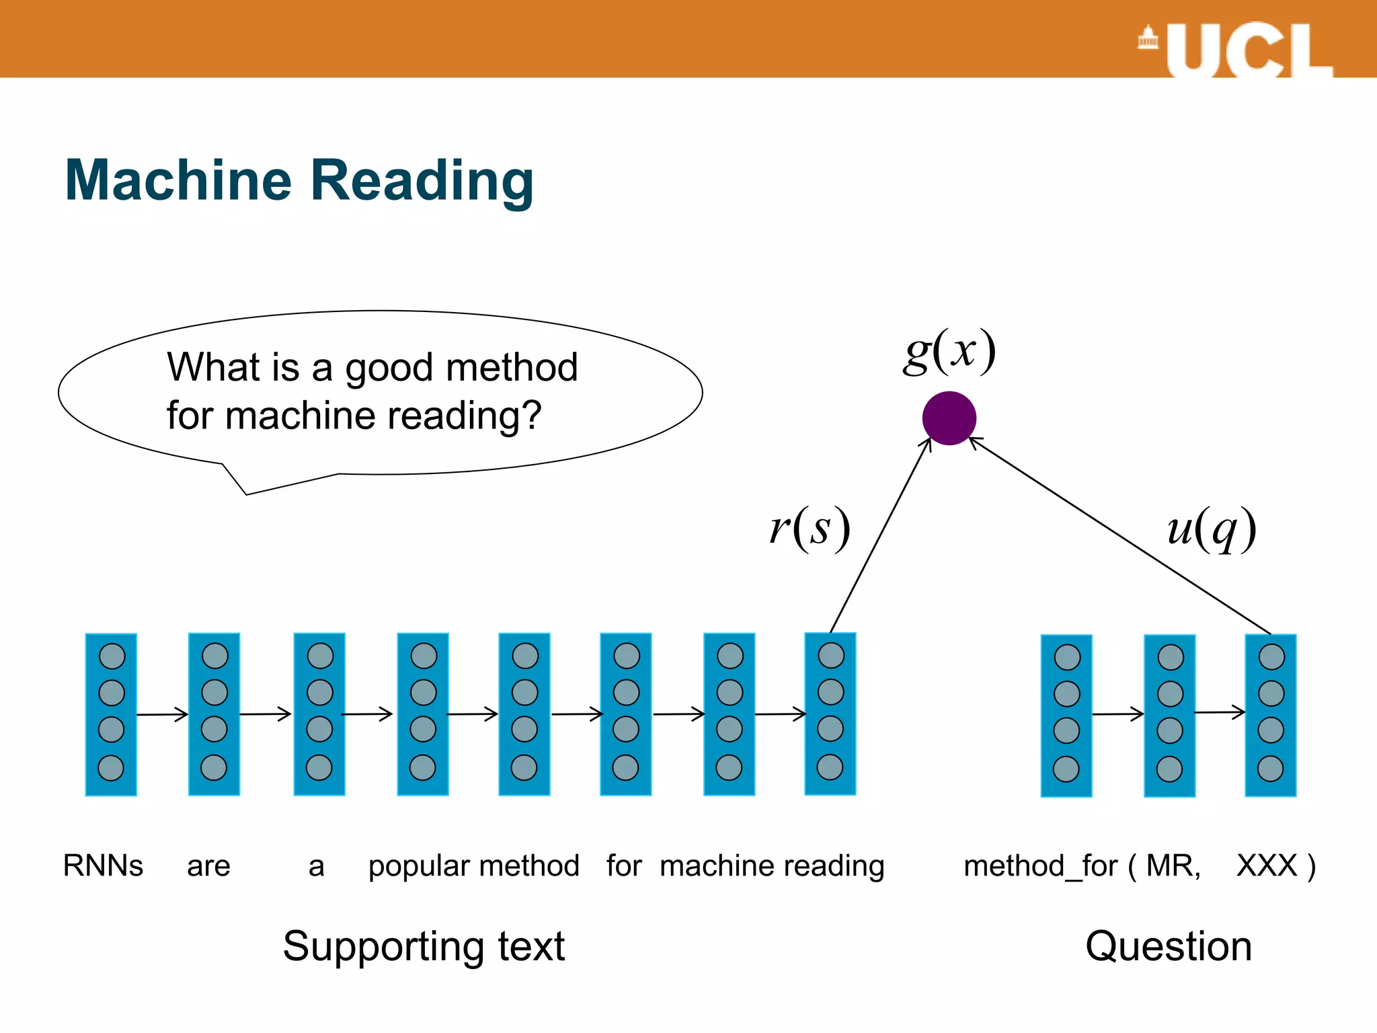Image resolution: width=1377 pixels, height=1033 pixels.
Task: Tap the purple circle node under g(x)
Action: pyautogui.click(x=949, y=418)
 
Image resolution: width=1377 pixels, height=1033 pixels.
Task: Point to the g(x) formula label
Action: pyautogui.click(x=949, y=351)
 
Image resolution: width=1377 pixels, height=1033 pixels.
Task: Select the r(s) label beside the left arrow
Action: pyautogui.click(x=810, y=529)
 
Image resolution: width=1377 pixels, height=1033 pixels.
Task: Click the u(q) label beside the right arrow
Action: pyautogui.click(x=1212, y=529)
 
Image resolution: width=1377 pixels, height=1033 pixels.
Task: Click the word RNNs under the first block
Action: pyautogui.click(x=103, y=866)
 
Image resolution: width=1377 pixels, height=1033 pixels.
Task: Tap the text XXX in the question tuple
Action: pyautogui.click(x=1267, y=866)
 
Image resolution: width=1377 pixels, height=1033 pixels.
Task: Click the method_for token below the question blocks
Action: pyautogui.click(x=1040, y=866)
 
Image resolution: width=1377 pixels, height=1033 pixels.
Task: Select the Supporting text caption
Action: pyautogui.click(x=424, y=947)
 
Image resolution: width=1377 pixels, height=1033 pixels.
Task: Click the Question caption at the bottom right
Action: pyautogui.click(x=1169, y=946)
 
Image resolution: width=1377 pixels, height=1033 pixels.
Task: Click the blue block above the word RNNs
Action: pyautogui.click(x=111, y=714)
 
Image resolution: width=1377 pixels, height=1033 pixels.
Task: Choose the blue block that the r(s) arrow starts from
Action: pyautogui.click(x=830, y=714)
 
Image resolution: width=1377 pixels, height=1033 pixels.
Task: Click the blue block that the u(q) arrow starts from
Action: pyautogui.click(x=1271, y=715)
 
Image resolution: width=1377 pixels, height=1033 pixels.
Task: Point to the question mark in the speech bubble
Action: pyautogui.click(x=533, y=415)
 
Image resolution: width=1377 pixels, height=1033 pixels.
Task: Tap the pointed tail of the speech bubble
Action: pyautogui.click(x=246, y=493)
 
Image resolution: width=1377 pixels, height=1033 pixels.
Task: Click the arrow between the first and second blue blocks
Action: pyautogui.click(x=163, y=714)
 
